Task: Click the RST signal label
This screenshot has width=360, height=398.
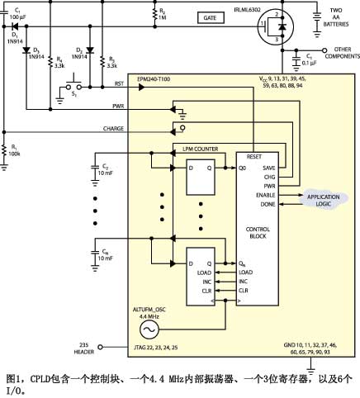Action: click(119, 83)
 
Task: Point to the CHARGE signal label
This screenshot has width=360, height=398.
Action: click(113, 128)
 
